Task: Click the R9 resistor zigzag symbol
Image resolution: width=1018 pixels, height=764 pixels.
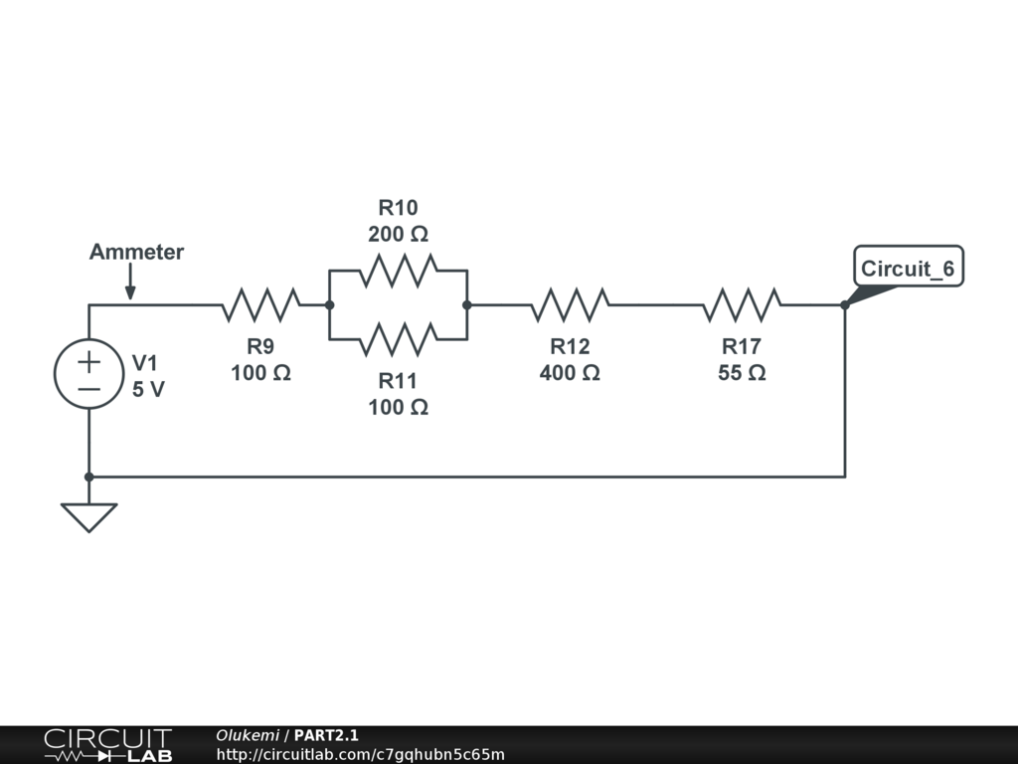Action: (260, 305)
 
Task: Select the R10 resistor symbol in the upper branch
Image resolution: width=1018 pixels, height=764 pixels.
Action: (398, 270)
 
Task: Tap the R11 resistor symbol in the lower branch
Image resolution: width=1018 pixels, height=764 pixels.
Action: (398, 339)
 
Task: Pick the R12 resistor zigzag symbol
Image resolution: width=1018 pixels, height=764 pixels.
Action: (570, 305)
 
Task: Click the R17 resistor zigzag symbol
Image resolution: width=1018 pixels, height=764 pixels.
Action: (742, 305)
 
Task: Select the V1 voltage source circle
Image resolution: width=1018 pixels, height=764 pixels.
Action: (88, 373)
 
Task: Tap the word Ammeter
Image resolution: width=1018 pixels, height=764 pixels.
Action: (136, 252)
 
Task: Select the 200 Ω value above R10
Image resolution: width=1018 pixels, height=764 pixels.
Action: (398, 235)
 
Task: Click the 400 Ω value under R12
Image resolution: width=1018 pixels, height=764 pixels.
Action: (570, 373)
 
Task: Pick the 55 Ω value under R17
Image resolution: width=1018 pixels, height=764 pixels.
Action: (742, 373)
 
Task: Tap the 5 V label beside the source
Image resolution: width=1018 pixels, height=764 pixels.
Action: (148, 390)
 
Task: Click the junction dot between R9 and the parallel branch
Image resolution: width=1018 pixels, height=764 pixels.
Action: (329, 305)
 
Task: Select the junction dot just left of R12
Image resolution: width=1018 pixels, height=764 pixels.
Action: (466, 305)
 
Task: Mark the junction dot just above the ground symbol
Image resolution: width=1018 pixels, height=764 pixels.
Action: (88, 477)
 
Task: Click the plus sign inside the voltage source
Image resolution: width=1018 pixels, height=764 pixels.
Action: (88, 359)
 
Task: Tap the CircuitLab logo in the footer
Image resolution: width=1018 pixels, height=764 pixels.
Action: (107, 745)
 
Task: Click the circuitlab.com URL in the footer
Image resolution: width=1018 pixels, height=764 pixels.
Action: (361, 754)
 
